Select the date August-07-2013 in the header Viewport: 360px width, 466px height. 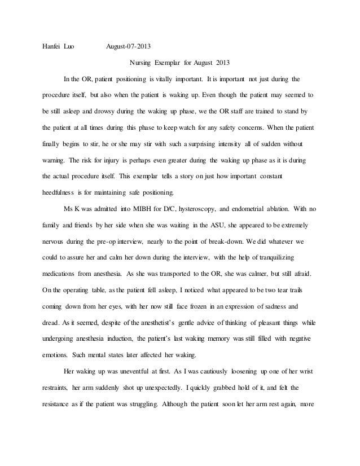pyautogui.click(x=129, y=46)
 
